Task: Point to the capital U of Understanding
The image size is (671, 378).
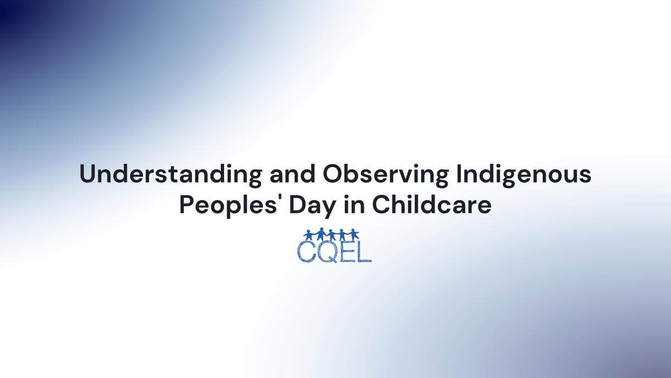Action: click(x=88, y=175)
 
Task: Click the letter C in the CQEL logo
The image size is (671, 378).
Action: click(x=306, y=251)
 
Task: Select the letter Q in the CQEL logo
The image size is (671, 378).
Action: click(x=327, y=252)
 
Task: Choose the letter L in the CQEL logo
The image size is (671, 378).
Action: click(x=363, y=251)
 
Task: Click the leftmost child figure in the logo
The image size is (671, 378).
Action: click(x=308, y=236)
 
